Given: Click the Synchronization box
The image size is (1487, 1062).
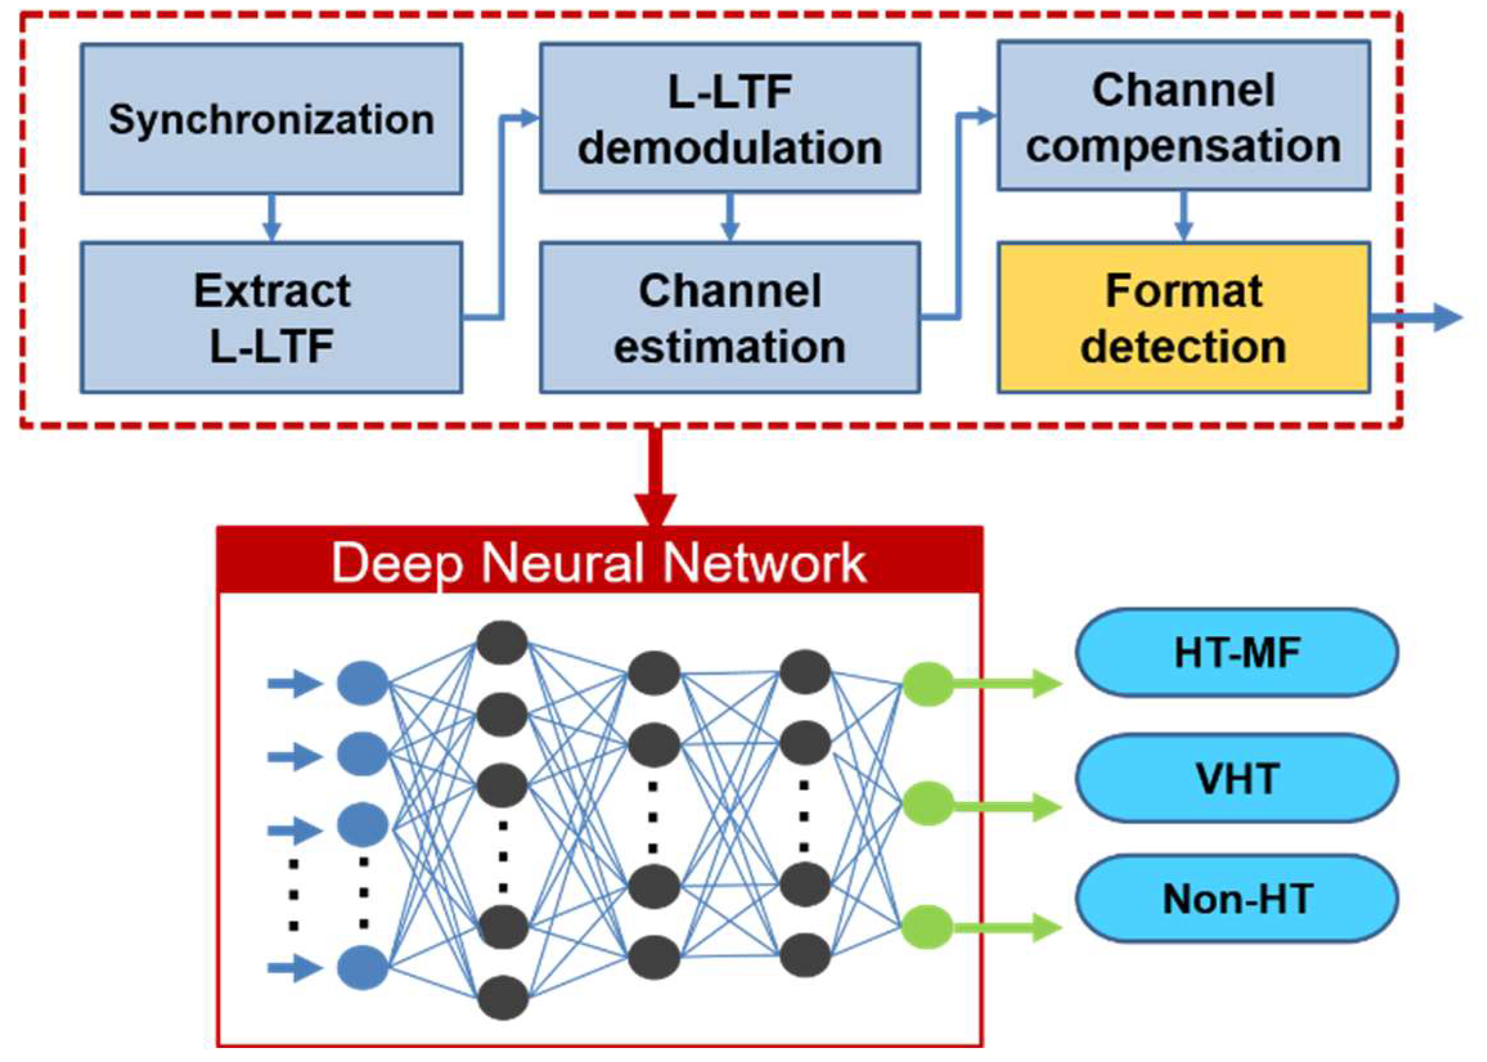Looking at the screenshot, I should [x=271, y=119].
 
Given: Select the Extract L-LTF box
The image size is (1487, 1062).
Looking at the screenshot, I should [x=271, y=318].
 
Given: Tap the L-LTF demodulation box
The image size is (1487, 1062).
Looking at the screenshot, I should [x=730, y=119].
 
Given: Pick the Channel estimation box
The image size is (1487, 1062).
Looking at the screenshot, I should [x=730, y=318].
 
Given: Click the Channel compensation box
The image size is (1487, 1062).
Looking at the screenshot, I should [x=1183, y=116].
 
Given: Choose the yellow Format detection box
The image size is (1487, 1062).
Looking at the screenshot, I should [x=1183, y=318].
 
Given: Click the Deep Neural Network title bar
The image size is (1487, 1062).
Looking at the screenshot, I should [x=599, y=561].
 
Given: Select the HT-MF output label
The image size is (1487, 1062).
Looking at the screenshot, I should [x=1237, y=653].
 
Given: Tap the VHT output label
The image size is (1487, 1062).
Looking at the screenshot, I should [x=1237, y=778].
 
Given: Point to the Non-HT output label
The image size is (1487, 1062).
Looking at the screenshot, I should [x=1237, y=899].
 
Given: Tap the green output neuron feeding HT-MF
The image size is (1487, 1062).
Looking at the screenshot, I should [x=928, y=684].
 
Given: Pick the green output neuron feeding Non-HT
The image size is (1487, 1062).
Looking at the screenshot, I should [x=928, y=927].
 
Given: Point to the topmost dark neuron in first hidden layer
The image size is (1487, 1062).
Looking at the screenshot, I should [x=502, y=643].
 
